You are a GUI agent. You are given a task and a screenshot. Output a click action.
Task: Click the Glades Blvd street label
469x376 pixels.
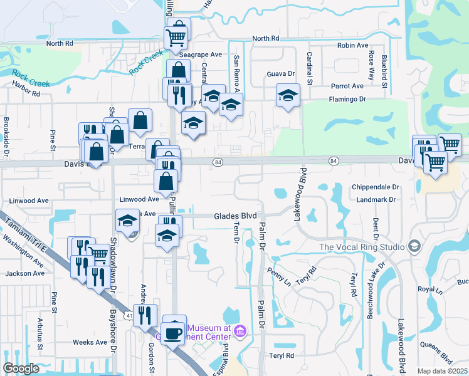tap(236, 216)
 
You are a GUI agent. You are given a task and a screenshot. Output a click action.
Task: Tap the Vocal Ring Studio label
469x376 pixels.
tap(361, 247)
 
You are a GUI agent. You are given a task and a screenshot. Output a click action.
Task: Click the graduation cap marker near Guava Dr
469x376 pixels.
tap(288, 95)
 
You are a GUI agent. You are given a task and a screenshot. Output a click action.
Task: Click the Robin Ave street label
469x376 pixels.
tap(352, 46)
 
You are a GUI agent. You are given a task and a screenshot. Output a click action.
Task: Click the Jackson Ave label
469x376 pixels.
tap(25, 273)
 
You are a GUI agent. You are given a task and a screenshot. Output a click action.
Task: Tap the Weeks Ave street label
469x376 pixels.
tap(90, 342)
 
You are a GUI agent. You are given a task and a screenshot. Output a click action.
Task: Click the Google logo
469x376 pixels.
tap(21, 368)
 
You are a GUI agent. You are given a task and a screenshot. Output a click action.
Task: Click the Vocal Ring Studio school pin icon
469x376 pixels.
tap(413, 246)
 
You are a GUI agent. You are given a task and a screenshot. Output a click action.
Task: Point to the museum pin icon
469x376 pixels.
tap(239, 330)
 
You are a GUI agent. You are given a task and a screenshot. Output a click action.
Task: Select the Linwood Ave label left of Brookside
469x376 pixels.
tap(29, 201)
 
